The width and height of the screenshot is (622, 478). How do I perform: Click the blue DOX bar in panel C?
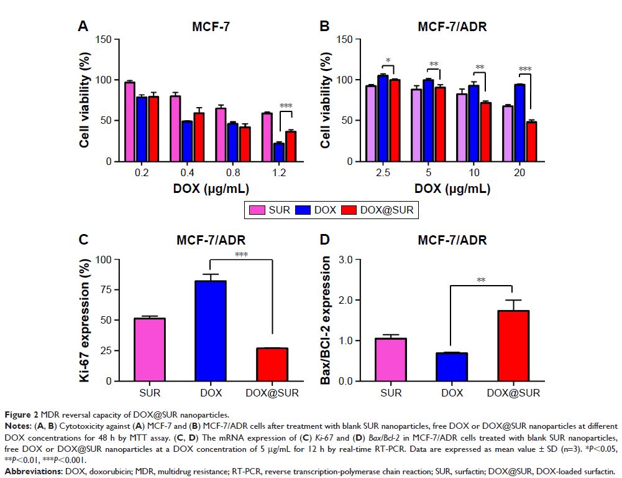click(211, 330)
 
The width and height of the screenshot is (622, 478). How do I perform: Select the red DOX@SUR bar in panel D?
click(513, 345)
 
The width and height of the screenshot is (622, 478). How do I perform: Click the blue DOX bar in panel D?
click(452, 367)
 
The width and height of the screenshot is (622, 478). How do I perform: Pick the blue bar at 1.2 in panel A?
click(262, 152)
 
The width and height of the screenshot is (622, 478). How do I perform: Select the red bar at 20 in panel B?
click(531, 141)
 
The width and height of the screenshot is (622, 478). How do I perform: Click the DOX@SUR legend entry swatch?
click(349, 210)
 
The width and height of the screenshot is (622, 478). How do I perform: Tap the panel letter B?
click(324, 27)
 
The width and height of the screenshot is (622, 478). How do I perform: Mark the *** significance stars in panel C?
click(241, 254)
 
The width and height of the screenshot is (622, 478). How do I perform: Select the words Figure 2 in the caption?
click(21, 414)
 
